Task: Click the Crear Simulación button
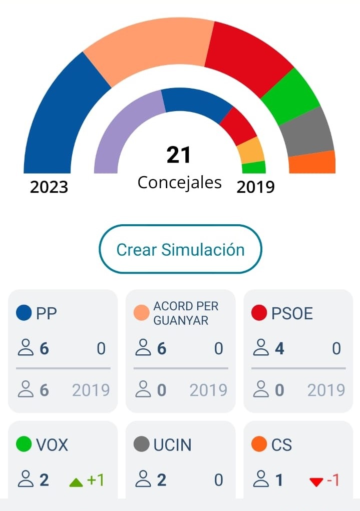point(180,249)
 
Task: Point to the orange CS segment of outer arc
point(312,163)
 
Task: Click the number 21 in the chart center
point(179,155)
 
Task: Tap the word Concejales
point(179,182)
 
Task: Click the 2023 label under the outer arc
point(49,187)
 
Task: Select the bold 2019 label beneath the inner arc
point(255,187)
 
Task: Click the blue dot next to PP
point(24,313)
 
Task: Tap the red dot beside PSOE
point(259,313)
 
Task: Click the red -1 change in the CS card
point(325,481)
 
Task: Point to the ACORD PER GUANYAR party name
point(186,313)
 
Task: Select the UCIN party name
point(172,444)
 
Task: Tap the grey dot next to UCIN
point(142,444)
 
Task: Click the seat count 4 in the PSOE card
point(279,348)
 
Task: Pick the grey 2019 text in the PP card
point(91,390)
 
